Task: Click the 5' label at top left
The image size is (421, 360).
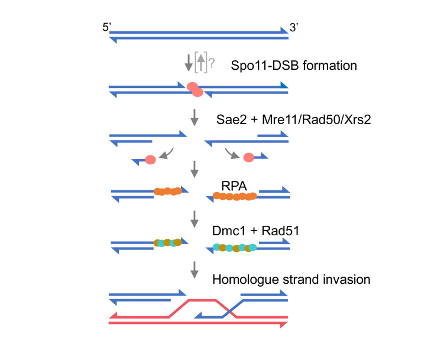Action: point(107,28)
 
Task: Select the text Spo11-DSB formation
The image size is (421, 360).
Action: point(293,66)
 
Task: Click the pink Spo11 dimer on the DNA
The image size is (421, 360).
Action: point(195,89)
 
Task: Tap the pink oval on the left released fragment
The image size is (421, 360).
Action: point(150,160)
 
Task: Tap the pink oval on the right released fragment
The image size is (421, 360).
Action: point(248,158)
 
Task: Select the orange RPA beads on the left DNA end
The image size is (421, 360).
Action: point(167,192)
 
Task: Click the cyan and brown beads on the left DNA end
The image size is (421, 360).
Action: point(167,242)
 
